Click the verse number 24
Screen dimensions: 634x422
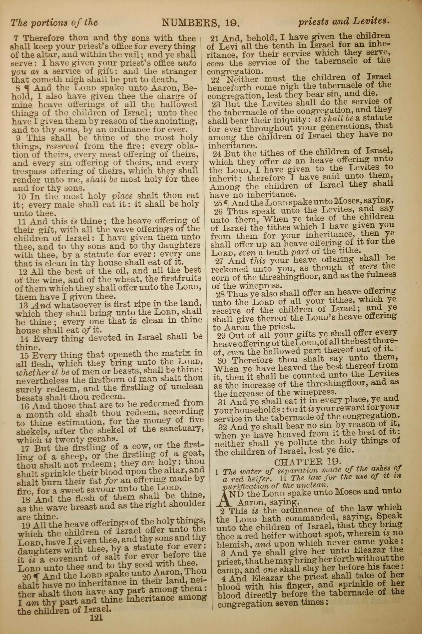tap(218, 154)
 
